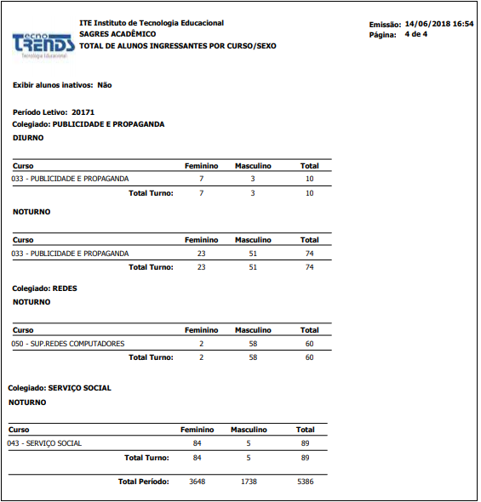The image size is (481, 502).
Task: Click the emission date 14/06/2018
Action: [x=430, y=24]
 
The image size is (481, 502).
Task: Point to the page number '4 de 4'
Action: [x=415, y=34]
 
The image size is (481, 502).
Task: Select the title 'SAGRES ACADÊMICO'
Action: [x=117, y=34]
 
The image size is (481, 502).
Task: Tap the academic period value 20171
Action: [x=83, y=112]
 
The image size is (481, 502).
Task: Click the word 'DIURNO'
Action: [x=28, y=137]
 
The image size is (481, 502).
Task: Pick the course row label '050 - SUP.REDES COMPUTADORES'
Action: [x=68, y=344]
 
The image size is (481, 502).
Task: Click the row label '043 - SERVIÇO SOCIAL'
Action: [x=44, y=443]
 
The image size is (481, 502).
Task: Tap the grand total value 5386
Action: [x=305, y=482]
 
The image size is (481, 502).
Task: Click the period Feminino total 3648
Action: [x=197, y=482]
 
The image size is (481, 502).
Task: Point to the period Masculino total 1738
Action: [x=249, y=482]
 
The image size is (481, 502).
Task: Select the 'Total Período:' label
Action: [x=143, y=482]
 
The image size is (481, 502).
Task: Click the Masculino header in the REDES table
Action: [x=253, y=330]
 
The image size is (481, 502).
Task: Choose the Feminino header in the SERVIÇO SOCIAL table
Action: [x=198, y=430]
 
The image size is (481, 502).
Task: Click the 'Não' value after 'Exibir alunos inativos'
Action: [x=105, y=85]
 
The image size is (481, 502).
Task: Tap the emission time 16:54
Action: [x=463, y=24]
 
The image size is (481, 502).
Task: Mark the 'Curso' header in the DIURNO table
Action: [x=23, y=165]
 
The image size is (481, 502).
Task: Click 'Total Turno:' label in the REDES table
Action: [x=150, y=357]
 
